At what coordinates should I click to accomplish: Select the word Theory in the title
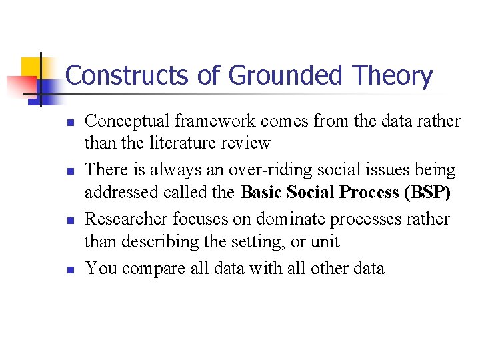tap(397, 76)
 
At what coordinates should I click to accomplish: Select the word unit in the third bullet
tap(325, 241)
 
